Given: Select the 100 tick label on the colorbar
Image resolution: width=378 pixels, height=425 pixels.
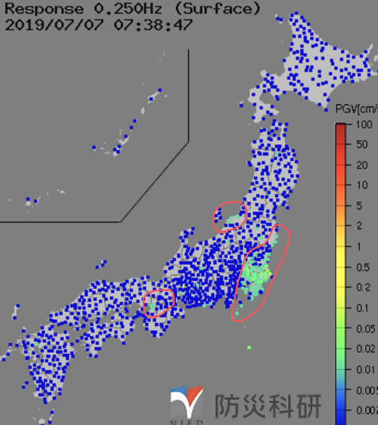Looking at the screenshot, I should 364,124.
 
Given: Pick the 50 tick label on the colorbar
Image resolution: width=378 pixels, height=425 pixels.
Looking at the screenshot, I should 363,144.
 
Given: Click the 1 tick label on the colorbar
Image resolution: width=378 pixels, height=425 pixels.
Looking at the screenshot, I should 361,246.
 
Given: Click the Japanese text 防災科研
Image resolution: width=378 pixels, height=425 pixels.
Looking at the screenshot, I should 268,404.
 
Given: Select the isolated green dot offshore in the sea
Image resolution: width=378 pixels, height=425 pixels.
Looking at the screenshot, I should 249,347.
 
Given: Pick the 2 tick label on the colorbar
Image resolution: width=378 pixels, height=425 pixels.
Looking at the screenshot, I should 361,226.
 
